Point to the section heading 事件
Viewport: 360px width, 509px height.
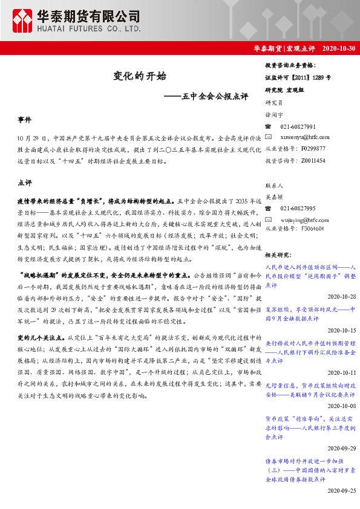[24, 121]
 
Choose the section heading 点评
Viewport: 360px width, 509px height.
[24, 181]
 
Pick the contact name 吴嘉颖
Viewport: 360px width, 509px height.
[275, 196]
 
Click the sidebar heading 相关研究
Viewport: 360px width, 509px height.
[279, 255]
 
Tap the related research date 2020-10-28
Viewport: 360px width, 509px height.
[342, 297]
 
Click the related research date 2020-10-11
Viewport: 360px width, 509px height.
[342, 373]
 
